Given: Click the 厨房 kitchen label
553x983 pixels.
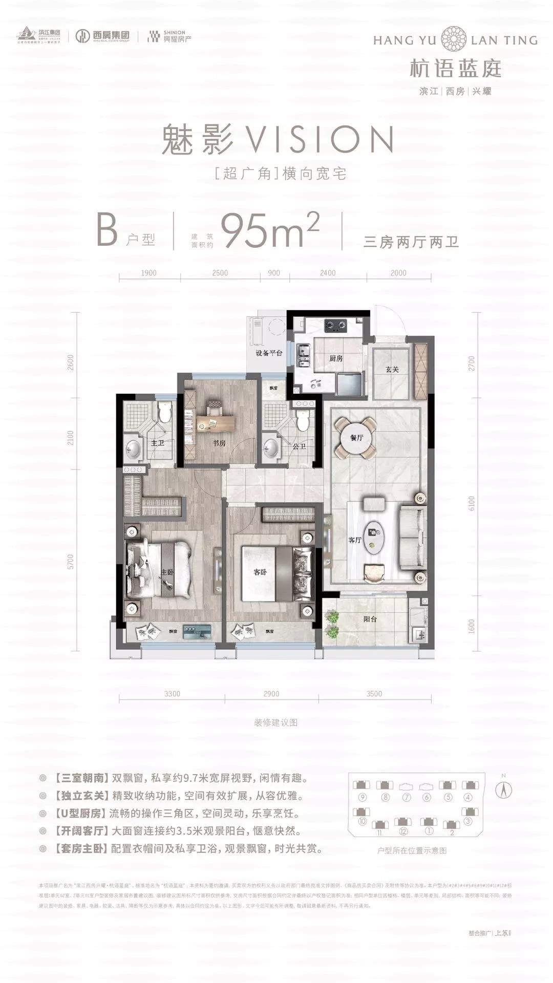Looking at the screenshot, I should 335,358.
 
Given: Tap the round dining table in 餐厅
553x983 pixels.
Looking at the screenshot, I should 355,437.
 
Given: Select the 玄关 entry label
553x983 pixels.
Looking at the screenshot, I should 392,369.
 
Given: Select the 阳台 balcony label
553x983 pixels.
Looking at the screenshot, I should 370,619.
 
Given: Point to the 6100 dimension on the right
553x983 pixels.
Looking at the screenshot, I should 472,503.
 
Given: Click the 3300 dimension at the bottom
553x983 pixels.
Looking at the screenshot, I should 173,694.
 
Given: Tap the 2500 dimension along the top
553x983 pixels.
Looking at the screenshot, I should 220,273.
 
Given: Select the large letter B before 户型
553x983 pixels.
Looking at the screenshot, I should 108,231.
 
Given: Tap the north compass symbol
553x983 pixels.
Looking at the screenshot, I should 504,790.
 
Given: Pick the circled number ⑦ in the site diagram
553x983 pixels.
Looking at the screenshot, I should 407,797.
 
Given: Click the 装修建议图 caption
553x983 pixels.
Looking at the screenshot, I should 275,722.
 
